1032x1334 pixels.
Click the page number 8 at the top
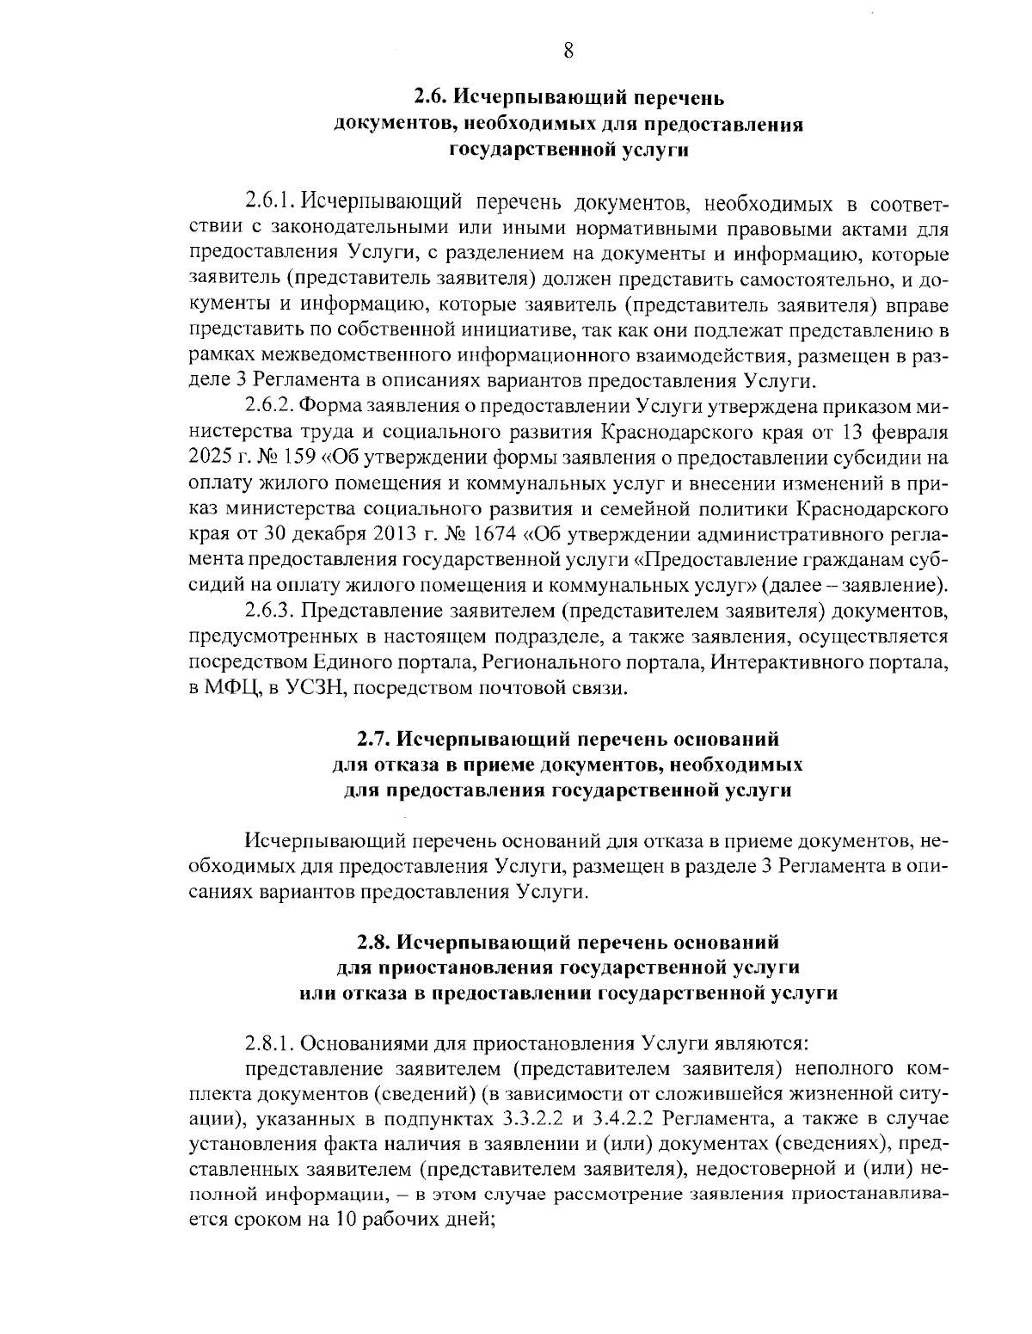568,50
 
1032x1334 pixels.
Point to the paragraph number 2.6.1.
270,203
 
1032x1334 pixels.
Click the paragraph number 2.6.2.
270,406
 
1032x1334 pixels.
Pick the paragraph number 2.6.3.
270,611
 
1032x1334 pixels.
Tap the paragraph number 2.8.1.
270,1044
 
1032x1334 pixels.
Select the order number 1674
489,534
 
